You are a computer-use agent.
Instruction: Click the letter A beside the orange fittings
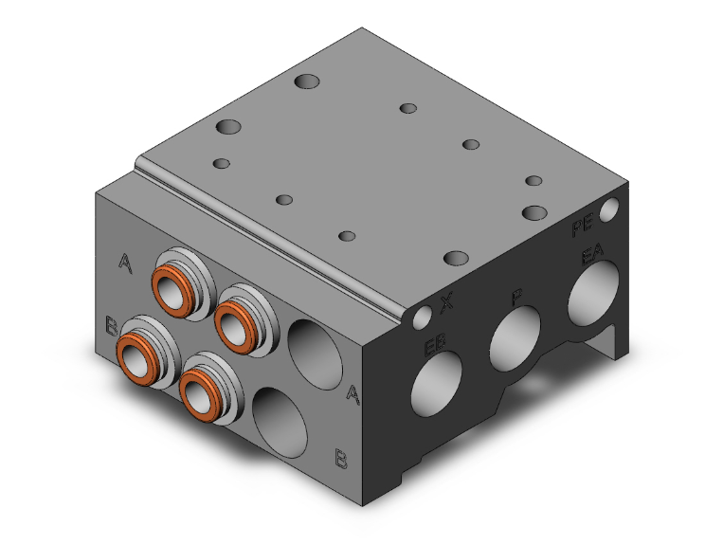[125, 262]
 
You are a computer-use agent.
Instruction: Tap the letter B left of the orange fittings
[112, 328]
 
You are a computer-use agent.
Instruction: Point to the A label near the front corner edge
[352, 392]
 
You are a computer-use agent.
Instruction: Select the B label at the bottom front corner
[339, 459]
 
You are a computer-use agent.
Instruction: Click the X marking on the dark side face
[447, 303]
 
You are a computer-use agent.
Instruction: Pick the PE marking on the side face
[582, 227]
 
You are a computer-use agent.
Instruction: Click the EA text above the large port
[592, 254]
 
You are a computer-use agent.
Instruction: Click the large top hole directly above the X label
[457, 258]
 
